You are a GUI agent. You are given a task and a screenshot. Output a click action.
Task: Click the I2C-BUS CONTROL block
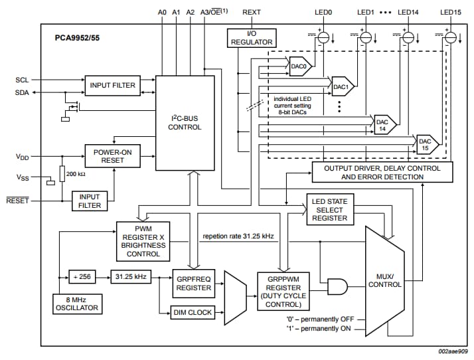(185, 122)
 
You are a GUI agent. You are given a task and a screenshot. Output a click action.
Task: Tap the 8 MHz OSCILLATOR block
(76, 303)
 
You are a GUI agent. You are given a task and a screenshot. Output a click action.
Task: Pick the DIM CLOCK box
(193, 312)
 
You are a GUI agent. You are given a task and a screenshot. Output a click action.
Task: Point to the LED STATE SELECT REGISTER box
(329, 209)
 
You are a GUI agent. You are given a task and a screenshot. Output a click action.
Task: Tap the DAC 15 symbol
(426, 145)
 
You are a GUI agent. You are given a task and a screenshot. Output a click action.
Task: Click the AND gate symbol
(337, 286)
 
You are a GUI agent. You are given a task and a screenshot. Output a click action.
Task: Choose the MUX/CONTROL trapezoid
(386, 281)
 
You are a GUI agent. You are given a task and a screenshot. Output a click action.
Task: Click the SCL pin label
(22, 80)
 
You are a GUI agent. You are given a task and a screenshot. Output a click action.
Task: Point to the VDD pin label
(23, 157)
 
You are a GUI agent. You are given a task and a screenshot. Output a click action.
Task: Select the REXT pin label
(252, 12)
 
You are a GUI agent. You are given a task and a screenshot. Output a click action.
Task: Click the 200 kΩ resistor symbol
(62, 174)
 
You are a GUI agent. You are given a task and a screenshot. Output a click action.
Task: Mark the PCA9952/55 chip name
(78, 39)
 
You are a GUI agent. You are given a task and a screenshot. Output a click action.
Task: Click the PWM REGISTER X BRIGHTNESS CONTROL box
(143, 240)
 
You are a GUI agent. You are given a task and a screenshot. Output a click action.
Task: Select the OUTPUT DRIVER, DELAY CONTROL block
(382, 173)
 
